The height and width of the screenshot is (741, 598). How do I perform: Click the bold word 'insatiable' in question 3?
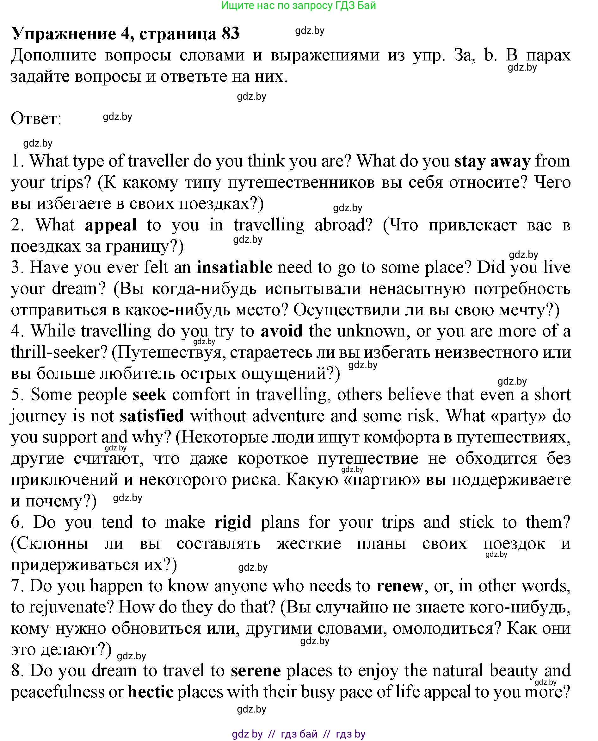coord(235,267)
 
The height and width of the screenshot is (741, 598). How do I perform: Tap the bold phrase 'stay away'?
coord(492,161)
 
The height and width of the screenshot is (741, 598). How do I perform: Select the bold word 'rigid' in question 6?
coord(233,522)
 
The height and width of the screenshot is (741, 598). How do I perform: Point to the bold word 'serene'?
coord(256,670)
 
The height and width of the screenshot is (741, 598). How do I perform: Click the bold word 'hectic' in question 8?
coord(150,692)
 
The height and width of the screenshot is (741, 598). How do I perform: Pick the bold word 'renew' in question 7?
coord(400,586)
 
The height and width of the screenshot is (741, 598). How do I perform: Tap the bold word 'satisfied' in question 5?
coord(151,416)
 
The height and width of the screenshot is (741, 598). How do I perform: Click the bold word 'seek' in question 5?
coord(149,394)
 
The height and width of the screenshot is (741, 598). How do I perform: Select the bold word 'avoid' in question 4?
coord(281,331)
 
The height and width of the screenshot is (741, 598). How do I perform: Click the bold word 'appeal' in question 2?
coord(111,225)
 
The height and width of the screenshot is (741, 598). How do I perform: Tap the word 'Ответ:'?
coord(36,119)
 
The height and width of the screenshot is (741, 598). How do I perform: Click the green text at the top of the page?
coord(298,5)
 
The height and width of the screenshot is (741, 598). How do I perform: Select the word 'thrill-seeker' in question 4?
coord(55,352)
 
